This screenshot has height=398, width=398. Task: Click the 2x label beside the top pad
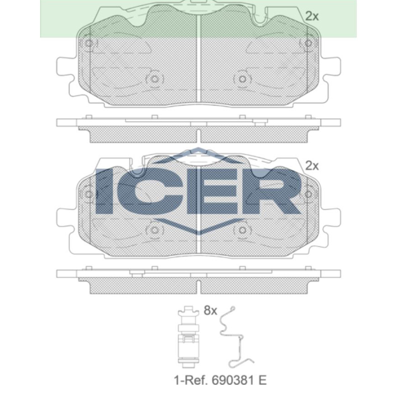(x=312, y=16)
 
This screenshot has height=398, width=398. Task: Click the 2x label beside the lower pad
(x=312, y=166)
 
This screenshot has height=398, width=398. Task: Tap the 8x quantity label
(x=210, y=310)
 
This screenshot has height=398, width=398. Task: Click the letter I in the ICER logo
(x=104, y=191)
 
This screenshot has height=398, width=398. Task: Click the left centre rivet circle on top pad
(x=155, y=79)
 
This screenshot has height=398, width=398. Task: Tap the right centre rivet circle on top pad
(x=242, y=79)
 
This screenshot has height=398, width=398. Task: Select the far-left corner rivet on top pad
(x=89, y=43)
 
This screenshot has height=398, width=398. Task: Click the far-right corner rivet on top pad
(x=308, y=43)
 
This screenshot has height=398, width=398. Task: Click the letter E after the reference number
(x=261, y=380)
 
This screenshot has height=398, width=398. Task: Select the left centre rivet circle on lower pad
(x=155, y=230)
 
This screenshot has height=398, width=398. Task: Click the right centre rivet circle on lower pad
(x=242, y=230)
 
